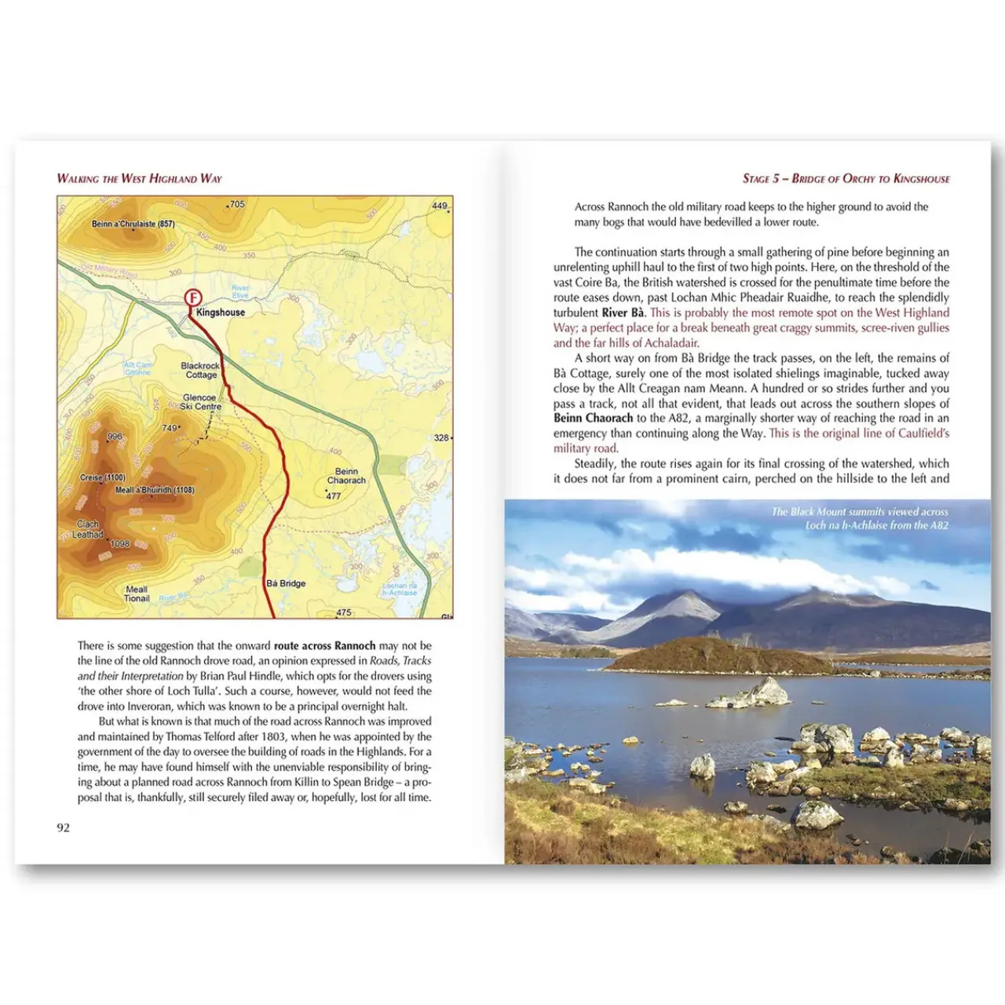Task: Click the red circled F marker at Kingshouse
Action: pyautogui.click(x=192, y=298)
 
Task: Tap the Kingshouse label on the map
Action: pyautogui.click(x=221, y=312)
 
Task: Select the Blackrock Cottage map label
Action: pyautogui.click(x=200, y=371)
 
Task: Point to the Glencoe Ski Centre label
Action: pyautogui.click(x=200, y=402)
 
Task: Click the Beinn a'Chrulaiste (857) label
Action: pyautogui.click(x=133, y=225)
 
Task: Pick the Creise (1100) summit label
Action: pyautogui.click(x=102, y=477)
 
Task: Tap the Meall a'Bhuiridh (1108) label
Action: pyautogui.click(x=155, y=491)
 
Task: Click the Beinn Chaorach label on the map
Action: pyautogui.click(x=346, y=476)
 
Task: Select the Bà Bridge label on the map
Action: pyautogui.click(x=286, y=583)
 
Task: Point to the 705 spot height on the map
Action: pyautogui.click(x=236, y=205)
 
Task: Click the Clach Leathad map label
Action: pyautogui.click(x=88, y=529)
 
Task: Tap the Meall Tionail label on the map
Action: pyautogui.click(x=137, y=594)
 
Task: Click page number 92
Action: pyautogui.click(x=64, y=828)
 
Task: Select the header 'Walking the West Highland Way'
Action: pyautogui.click(x=139, y=178)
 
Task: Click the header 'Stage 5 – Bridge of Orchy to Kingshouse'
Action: pyautogui.click(x=846, y=178)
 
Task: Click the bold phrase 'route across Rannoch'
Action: pyautogui.click(x=324, y=645)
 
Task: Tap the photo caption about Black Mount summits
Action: pyautogui.click(x=860, y=518)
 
